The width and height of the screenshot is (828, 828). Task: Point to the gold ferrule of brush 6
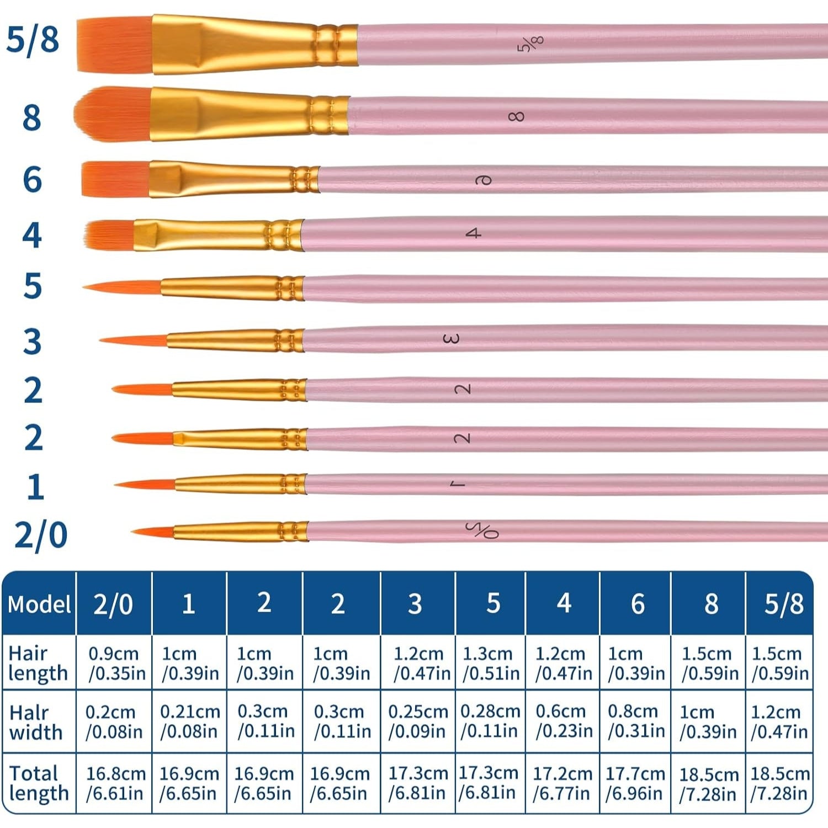(x=221, y=179)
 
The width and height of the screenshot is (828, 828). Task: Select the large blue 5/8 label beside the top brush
(x=32, y=40)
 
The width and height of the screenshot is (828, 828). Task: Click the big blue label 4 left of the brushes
(x=31, y=235)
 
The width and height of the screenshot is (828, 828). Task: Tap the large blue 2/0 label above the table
(x=41, y=535)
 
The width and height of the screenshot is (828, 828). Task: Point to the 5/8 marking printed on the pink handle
(x=530, y=43)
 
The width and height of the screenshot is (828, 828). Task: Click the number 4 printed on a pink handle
(x=473, y=233)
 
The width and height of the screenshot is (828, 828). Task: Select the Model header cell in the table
(x=39, y=604)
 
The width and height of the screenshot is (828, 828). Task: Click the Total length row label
(x=38, y=783)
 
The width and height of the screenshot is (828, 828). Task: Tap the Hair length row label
(x=38, y=663)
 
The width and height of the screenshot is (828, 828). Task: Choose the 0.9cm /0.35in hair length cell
(x=115, y=663)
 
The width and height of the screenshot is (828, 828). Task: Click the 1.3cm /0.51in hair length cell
(x=490, y=663)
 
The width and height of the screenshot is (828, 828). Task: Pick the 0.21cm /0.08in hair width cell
(x=189, y=721)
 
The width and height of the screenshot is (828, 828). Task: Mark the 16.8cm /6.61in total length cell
(x=115, y=783)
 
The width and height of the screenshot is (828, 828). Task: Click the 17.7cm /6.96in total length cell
(x=635, y=783)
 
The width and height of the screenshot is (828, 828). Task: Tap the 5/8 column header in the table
(x=783, y=604)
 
